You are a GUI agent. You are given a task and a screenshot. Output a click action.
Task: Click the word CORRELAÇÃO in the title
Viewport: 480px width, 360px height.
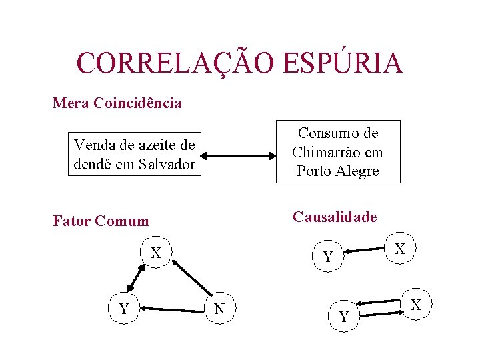pyautogui.click(x=175, y=63)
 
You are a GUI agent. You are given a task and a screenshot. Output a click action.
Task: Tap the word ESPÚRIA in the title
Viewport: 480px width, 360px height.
pyautogui.click(x=343, y=63)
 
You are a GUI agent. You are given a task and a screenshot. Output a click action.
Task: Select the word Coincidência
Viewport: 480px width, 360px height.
pyautogui.click(x=138, y=103)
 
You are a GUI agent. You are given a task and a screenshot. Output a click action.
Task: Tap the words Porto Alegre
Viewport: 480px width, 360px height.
pyautogui.click(x=337, y=171)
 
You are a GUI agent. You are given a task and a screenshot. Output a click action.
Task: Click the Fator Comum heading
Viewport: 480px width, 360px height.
pyautogui.click(x=101, y=221)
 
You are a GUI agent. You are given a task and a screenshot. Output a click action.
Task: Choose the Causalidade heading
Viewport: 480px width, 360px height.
pyautogui.click(x=335, y=217)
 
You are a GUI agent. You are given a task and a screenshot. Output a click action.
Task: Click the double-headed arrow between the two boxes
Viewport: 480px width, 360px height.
pyautogui.click(x=239, y=157)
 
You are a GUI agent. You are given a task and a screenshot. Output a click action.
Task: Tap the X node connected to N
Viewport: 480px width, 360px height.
pyautogui.click(x=156, y=253)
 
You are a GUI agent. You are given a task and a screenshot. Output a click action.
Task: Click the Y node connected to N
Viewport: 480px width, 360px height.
pyautogui.click(x=123, y=308)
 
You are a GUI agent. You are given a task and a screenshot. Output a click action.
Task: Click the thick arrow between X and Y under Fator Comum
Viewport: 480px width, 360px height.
pyautogui.click(x=137, y=277)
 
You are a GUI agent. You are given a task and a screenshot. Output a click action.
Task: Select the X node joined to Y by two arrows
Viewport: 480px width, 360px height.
pyautogui.click(x=415, y=305)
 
